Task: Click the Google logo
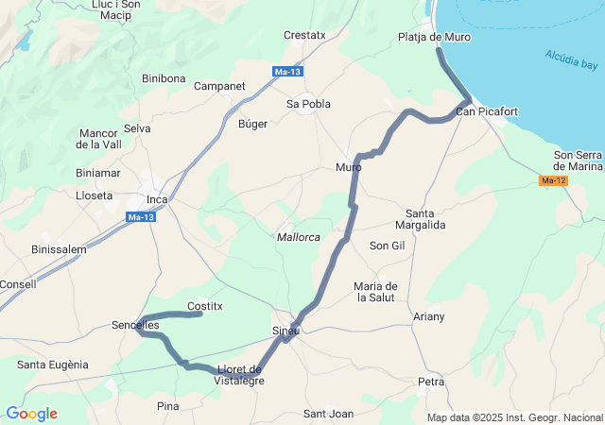(31, 414)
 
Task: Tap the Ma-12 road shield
(553, 180)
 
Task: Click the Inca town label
(157, 199)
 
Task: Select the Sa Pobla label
(308, 104)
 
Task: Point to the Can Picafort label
(487, 112)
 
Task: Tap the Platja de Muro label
(435, 38)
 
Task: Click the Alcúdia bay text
(571, 60)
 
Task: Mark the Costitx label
(205, 306)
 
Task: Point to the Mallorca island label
(299, 236)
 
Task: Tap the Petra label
(431, 382)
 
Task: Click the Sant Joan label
(328, 414)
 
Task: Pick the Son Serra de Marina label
(578, 161)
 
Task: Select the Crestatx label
(304, 36)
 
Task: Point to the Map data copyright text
(514, 417)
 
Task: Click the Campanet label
(219, 86)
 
